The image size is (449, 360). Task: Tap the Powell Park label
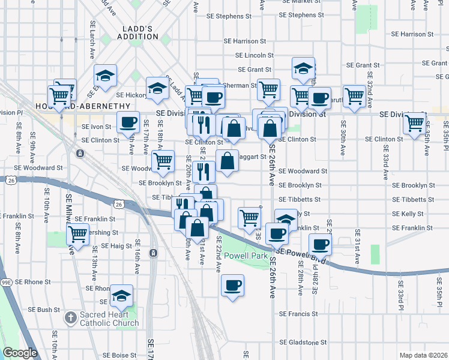tap(245, 256)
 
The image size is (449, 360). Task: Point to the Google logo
tap(20, 353)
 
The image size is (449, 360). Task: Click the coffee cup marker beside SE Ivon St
tap(128, 122)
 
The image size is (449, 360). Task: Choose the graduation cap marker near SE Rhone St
tap(122, 295)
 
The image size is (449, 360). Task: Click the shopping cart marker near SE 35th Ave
tap(415, 124)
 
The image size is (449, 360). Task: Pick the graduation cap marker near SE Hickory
tap(157, 88)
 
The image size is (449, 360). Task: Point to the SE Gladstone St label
tap(303, 343)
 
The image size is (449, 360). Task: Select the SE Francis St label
tap(298, 314)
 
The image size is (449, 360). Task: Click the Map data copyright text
tap(423, 355)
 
